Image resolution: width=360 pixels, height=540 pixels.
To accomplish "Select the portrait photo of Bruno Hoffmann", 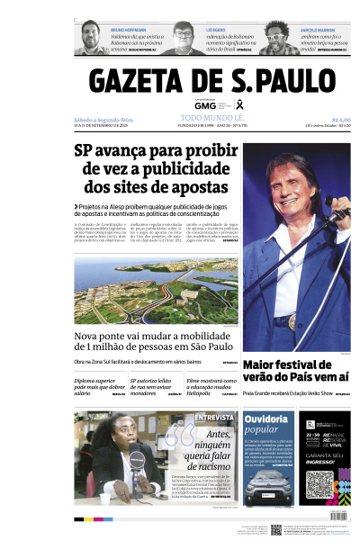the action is pos(91,35).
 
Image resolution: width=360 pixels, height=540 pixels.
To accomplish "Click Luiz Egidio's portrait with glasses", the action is pos(184,35).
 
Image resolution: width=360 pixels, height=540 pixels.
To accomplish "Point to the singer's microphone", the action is pos(339,215).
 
